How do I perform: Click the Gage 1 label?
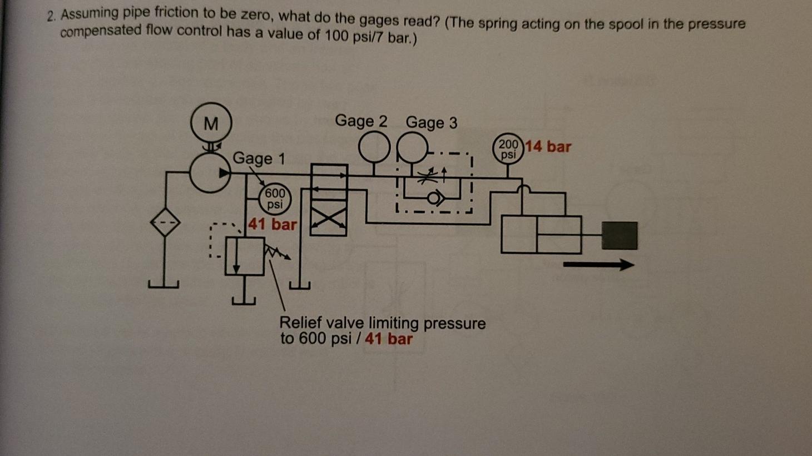click(259, 158)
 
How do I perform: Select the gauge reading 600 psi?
click(275, 199)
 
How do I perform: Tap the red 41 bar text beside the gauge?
click(273, 225)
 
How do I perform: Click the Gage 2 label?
click(361, 121)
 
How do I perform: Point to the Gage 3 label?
click(432, 122)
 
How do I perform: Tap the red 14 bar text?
click(548, 147)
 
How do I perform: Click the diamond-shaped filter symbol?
click(166, 222)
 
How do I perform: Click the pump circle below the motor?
click(210, 173)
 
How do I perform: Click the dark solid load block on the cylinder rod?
click(620, 235)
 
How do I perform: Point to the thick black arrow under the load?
click(598, 265)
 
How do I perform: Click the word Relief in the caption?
click(300, 323)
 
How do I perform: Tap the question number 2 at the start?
click(51, 16)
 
